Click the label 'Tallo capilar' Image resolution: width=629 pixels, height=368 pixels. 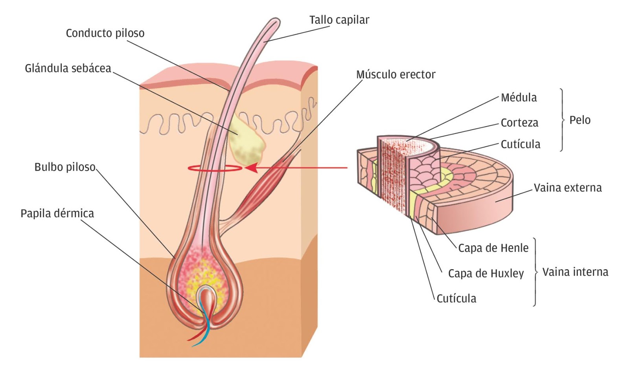tap(339, 20)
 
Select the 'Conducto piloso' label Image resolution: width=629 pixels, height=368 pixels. tap(105, 33)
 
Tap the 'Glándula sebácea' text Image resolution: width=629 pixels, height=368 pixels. tap(68, 68)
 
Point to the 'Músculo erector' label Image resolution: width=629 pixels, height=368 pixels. tap(395, 74)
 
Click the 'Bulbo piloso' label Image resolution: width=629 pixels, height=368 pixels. tap(65, 167)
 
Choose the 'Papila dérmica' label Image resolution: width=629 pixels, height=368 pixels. tap(57, 213)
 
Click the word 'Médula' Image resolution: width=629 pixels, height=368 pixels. tap(519, 98)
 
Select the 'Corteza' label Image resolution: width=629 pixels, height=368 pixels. tap(519, 123)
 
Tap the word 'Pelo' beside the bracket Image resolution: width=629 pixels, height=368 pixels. tap(579, 120)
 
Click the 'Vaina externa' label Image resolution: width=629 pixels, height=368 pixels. tap(567, 188)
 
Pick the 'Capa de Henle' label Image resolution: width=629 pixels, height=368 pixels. tap(493, 248)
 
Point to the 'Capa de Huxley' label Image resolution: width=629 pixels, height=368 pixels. tap(486, 273)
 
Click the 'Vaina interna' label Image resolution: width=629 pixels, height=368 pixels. tap(575, 272)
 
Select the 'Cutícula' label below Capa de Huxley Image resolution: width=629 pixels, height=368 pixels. tap(456, 298)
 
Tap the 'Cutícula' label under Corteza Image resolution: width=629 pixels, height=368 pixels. tap(520, 144)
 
